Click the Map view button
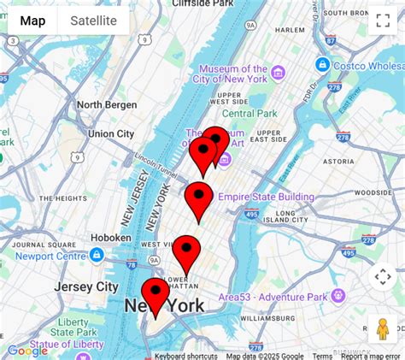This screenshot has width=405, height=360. point(32,21)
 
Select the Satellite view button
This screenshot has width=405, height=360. point(93,21)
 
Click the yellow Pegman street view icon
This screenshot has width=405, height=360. point(382,329)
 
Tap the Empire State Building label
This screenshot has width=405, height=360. point(266,197)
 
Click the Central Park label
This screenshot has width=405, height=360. point(249,113)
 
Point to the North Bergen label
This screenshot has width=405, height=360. point(107,105)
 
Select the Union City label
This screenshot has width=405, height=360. point(111,133)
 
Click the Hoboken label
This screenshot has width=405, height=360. point(111,238)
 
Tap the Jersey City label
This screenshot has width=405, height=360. point(85,286)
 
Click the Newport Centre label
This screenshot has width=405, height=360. point(52,255)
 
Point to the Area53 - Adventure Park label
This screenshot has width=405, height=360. point(273,297)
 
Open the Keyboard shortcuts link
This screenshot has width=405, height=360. point(185,356)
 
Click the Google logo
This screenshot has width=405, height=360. point(27,350)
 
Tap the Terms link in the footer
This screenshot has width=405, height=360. point(322,356)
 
